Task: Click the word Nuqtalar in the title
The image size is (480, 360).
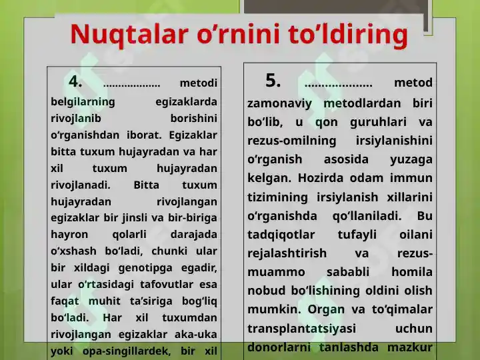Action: tap(129, 34)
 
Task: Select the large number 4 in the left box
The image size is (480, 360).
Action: tap(75, 81)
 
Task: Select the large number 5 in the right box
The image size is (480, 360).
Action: tap(273, 81)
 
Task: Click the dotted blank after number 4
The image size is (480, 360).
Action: tap(131, 85)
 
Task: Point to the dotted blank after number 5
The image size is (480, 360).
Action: tap(339, 85)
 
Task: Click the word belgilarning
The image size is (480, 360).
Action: tap(83, 101)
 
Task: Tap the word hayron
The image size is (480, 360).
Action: tap(69, 235)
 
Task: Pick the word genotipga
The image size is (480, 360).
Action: tap(146, 268)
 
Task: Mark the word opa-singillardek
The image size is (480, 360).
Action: tap(126, 351)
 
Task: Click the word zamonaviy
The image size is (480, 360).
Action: tap(279, 103)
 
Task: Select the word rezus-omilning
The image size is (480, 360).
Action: tap(292, 141)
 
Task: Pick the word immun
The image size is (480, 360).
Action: tap(411, 178)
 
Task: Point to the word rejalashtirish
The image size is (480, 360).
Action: tap(287, 253)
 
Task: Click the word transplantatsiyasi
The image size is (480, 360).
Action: tap(301, 329)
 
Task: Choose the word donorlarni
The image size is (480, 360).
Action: tap(279, 347)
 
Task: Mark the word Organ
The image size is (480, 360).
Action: tap(326, 310)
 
